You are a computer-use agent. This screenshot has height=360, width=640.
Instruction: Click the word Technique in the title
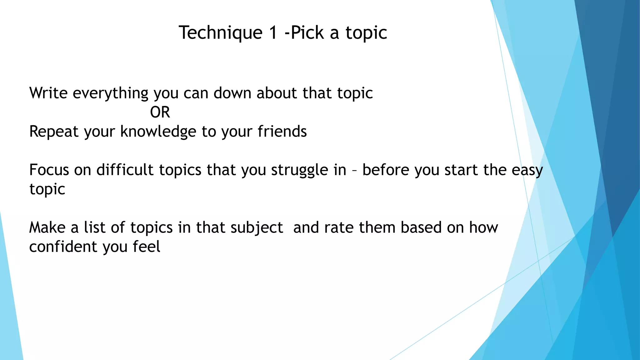coord(221,33)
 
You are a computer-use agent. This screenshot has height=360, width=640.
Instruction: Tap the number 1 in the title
coord(273,33)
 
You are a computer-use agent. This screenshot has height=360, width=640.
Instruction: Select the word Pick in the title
coord(307,33)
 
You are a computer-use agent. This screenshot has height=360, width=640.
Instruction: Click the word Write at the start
coord(48,93)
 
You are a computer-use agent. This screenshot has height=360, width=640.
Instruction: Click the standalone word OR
coord(160,112)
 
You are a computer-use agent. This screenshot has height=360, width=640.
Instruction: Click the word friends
coord(282,131)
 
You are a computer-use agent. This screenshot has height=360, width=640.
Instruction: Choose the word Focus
coord(49,170)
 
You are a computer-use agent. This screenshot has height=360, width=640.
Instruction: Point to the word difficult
coord(125,170)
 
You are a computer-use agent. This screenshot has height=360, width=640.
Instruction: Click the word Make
coord(47,227)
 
